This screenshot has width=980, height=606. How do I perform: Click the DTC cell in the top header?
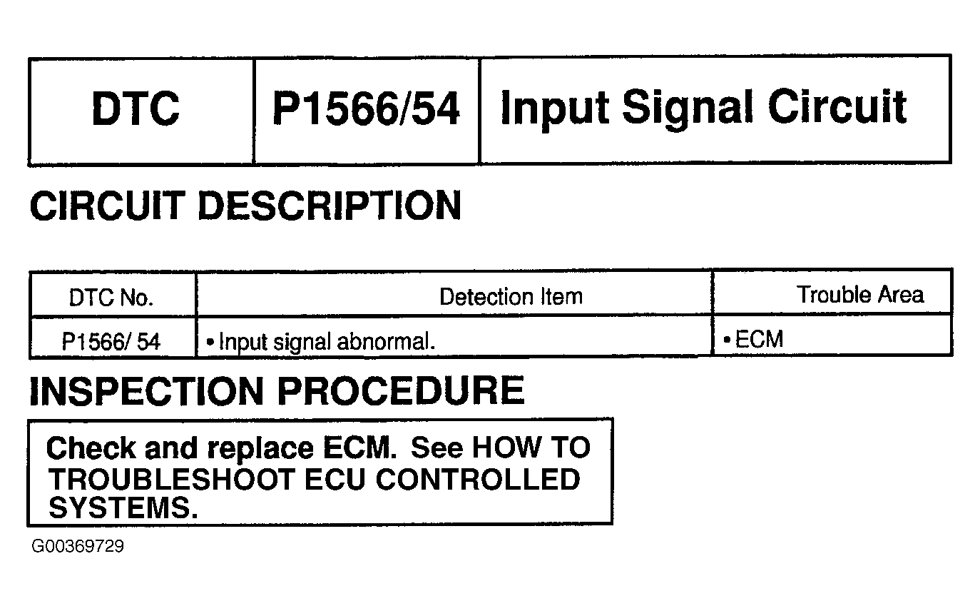(136, 109)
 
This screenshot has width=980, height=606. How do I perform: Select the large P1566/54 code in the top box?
(366, 109)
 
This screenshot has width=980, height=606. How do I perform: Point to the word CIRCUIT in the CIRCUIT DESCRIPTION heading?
(107, 206)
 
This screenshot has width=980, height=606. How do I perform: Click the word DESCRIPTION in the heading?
(329, 206)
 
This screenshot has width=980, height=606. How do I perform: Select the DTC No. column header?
(111, 297)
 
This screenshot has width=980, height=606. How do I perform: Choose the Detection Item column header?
(511, 296)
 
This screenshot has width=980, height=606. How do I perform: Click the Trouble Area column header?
(860, 295)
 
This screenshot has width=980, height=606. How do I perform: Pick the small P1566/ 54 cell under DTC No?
(111, 342)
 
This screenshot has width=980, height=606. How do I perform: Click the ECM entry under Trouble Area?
(759, 340)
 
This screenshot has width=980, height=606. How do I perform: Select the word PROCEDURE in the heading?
(400, 391)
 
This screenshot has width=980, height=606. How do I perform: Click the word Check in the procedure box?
(91, 448)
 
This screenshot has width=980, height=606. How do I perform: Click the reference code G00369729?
(78, 547)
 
